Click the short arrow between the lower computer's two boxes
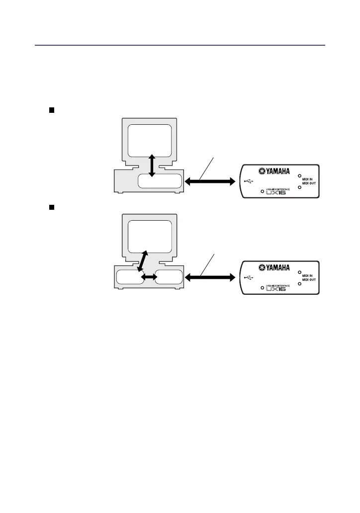147,277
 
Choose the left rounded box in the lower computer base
128,277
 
